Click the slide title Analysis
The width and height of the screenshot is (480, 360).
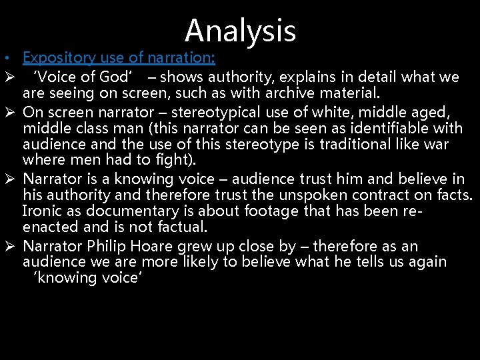(240, 31)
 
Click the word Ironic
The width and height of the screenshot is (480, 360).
(42, 211)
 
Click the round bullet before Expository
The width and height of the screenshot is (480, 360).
(5, 59)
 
